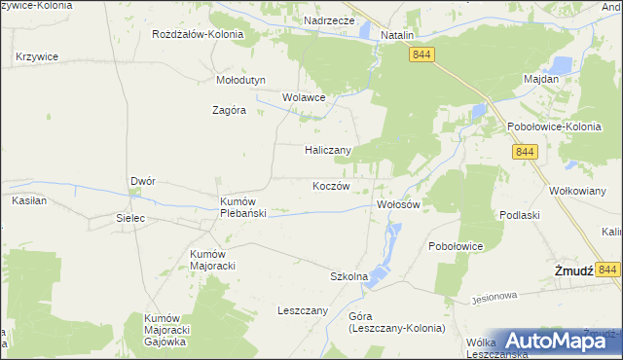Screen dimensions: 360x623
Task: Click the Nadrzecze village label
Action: click(328, 19)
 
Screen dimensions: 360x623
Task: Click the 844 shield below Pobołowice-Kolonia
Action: click(526, 152)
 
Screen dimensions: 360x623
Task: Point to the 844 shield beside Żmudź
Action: click(609, 270)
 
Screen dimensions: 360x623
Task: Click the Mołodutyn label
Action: click(239, 81)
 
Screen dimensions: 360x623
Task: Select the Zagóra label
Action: click(230, 110)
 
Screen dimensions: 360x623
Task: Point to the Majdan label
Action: click(541, 78)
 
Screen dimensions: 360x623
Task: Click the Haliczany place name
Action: click(327, 150)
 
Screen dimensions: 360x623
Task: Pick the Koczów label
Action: click(331, 186)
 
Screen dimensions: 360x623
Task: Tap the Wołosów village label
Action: click(397, 205)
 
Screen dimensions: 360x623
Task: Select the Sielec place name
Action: click(130, 218)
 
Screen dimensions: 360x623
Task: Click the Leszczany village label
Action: click(303, 311)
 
